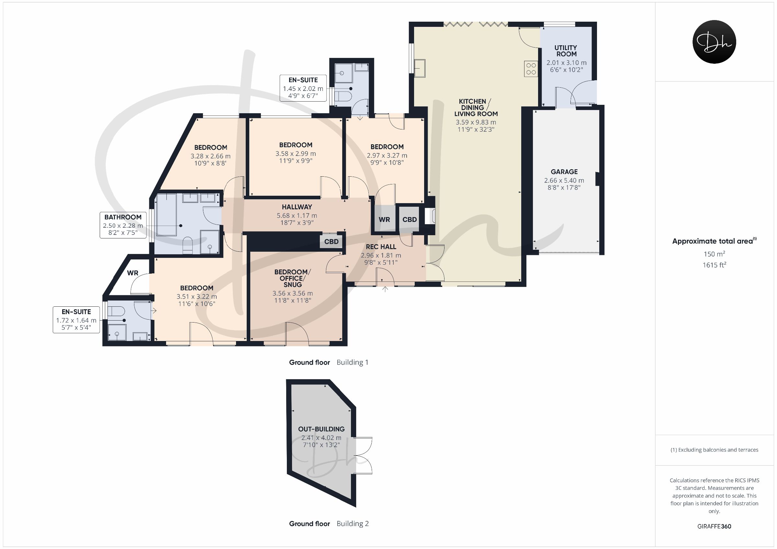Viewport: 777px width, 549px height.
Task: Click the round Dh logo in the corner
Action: point(715,42)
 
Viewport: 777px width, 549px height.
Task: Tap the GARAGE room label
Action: point(564,172)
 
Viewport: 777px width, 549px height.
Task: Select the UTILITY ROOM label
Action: point(566,51)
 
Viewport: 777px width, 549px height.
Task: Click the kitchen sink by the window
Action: point(420,68)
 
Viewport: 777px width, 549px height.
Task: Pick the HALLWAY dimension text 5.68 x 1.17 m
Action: point(297,215)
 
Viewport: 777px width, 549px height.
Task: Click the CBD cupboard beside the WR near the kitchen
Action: point(410,220)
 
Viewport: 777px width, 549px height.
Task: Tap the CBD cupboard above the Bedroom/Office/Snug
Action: point(331,242)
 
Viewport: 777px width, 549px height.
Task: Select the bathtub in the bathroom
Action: point(166,215)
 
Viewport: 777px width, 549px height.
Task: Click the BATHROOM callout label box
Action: point(123,225)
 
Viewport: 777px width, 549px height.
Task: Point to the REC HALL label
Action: point(381,247)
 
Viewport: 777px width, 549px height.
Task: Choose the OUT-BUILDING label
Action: point(321,429)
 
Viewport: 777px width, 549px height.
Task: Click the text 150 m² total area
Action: point(714,254)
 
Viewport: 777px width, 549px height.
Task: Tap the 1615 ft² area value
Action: point(714,265)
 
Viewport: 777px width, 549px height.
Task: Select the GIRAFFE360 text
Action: point(714,526)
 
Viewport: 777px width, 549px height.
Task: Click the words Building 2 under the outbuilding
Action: point(353,524)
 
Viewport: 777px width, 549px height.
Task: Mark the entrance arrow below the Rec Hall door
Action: point(385,289)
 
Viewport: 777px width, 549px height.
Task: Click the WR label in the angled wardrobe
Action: point(133,273)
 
